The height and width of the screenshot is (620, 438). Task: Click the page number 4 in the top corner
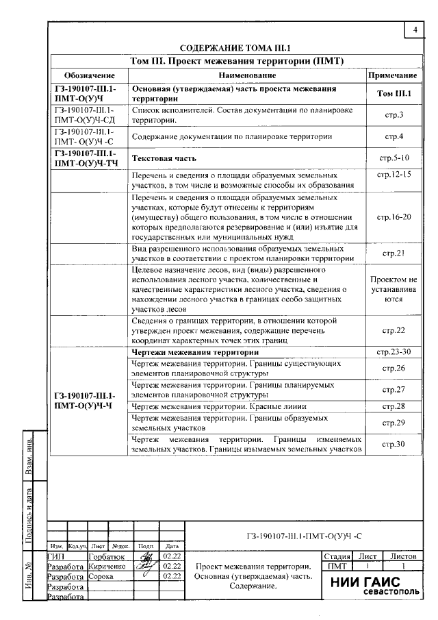415,31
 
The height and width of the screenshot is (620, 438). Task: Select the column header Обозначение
88,75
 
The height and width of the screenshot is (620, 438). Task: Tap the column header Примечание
393,75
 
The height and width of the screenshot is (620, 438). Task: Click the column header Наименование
247,75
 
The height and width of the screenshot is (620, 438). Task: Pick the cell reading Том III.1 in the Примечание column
393,93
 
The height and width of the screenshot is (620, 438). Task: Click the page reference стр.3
393,115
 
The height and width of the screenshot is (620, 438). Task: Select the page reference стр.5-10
393,158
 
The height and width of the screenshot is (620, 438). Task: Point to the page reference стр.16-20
393,217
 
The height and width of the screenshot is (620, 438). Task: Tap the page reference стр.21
393,253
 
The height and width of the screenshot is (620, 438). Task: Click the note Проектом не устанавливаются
393,289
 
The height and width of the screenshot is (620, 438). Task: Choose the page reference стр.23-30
393,351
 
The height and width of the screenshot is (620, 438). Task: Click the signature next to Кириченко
145,567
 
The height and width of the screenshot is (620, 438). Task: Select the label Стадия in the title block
337,557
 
